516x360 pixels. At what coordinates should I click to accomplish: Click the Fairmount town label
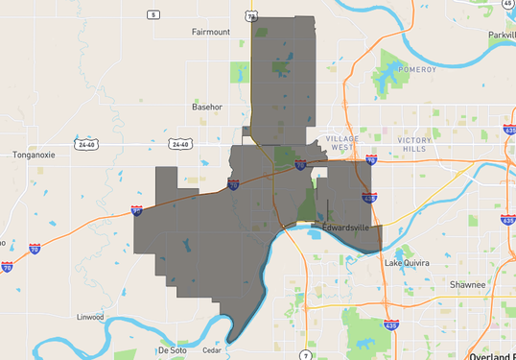(211, 32)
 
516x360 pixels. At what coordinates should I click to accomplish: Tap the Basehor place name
(207, 106)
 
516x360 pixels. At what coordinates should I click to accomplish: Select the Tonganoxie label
(36, 154)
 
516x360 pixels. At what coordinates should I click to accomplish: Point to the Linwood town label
(90, 317)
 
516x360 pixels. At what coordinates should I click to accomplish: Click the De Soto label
(172, 350)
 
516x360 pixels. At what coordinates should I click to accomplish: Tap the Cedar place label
(212, 350)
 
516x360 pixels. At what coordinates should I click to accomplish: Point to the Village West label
(342, 144)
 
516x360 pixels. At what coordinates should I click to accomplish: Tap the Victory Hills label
(415, 144)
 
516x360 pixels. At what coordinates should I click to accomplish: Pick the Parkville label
(501, 36)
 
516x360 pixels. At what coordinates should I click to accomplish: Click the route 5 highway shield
(152, 14)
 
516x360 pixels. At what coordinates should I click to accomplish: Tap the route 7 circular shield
(304, 356)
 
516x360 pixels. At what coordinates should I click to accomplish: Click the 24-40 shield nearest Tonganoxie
(87, 145)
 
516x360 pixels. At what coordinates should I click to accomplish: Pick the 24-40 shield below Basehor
(179, 145)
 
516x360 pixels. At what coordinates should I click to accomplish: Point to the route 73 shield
(251, 16)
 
